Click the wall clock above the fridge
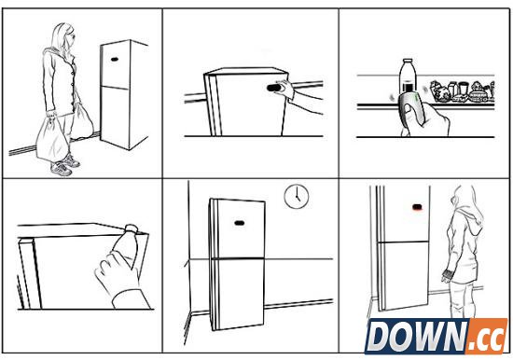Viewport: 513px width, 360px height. tap(296, 197)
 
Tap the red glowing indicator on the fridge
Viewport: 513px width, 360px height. tap(417, 207)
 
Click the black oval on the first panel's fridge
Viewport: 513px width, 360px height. tap(115, 60)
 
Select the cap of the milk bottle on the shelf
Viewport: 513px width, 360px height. tap(408, 62)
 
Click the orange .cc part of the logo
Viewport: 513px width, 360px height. tap(488, 336)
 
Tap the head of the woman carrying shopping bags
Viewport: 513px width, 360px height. tap(65, 36)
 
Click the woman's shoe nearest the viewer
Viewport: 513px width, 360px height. tap(61, 169)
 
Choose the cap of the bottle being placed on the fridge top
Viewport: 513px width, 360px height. tap(131, 228)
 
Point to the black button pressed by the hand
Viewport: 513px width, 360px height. tap(274, 88)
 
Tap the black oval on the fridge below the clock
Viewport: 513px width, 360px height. tap(240, 223)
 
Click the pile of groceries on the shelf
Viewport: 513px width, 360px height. tap(462, 90)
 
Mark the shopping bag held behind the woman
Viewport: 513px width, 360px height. tap(82, 121)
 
